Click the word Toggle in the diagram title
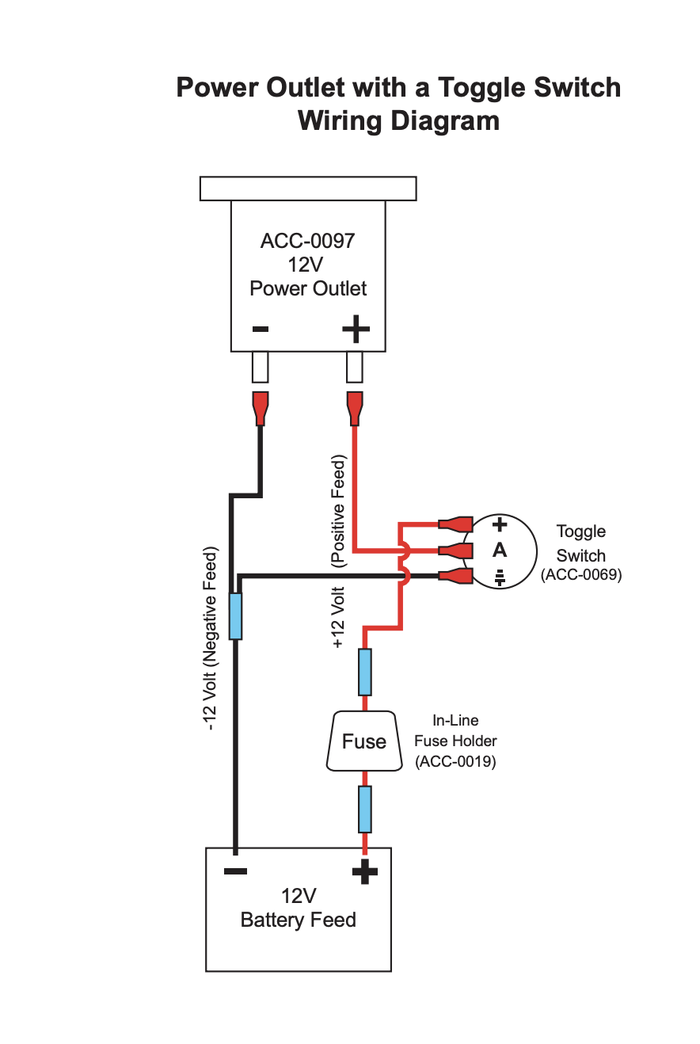click(481, 87)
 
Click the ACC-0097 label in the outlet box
click(308, 241)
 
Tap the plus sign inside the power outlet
click(356, 329)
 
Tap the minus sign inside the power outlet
click(260, 329)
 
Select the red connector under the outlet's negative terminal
click(260, 407)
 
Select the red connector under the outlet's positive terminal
click(355, 407)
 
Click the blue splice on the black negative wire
click(235, 615)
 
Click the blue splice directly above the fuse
click(365, 671)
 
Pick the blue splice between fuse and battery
click(365, 809)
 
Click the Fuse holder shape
click(364, 741)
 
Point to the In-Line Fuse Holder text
click(455, 731)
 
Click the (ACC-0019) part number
click(455, 762)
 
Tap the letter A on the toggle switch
click(499, 550)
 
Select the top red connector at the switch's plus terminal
click(455, 524)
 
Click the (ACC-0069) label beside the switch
click(581, 576)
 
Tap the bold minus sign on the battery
click(235, 871)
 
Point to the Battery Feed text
click(298, 920)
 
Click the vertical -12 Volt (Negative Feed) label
click(211, 638)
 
